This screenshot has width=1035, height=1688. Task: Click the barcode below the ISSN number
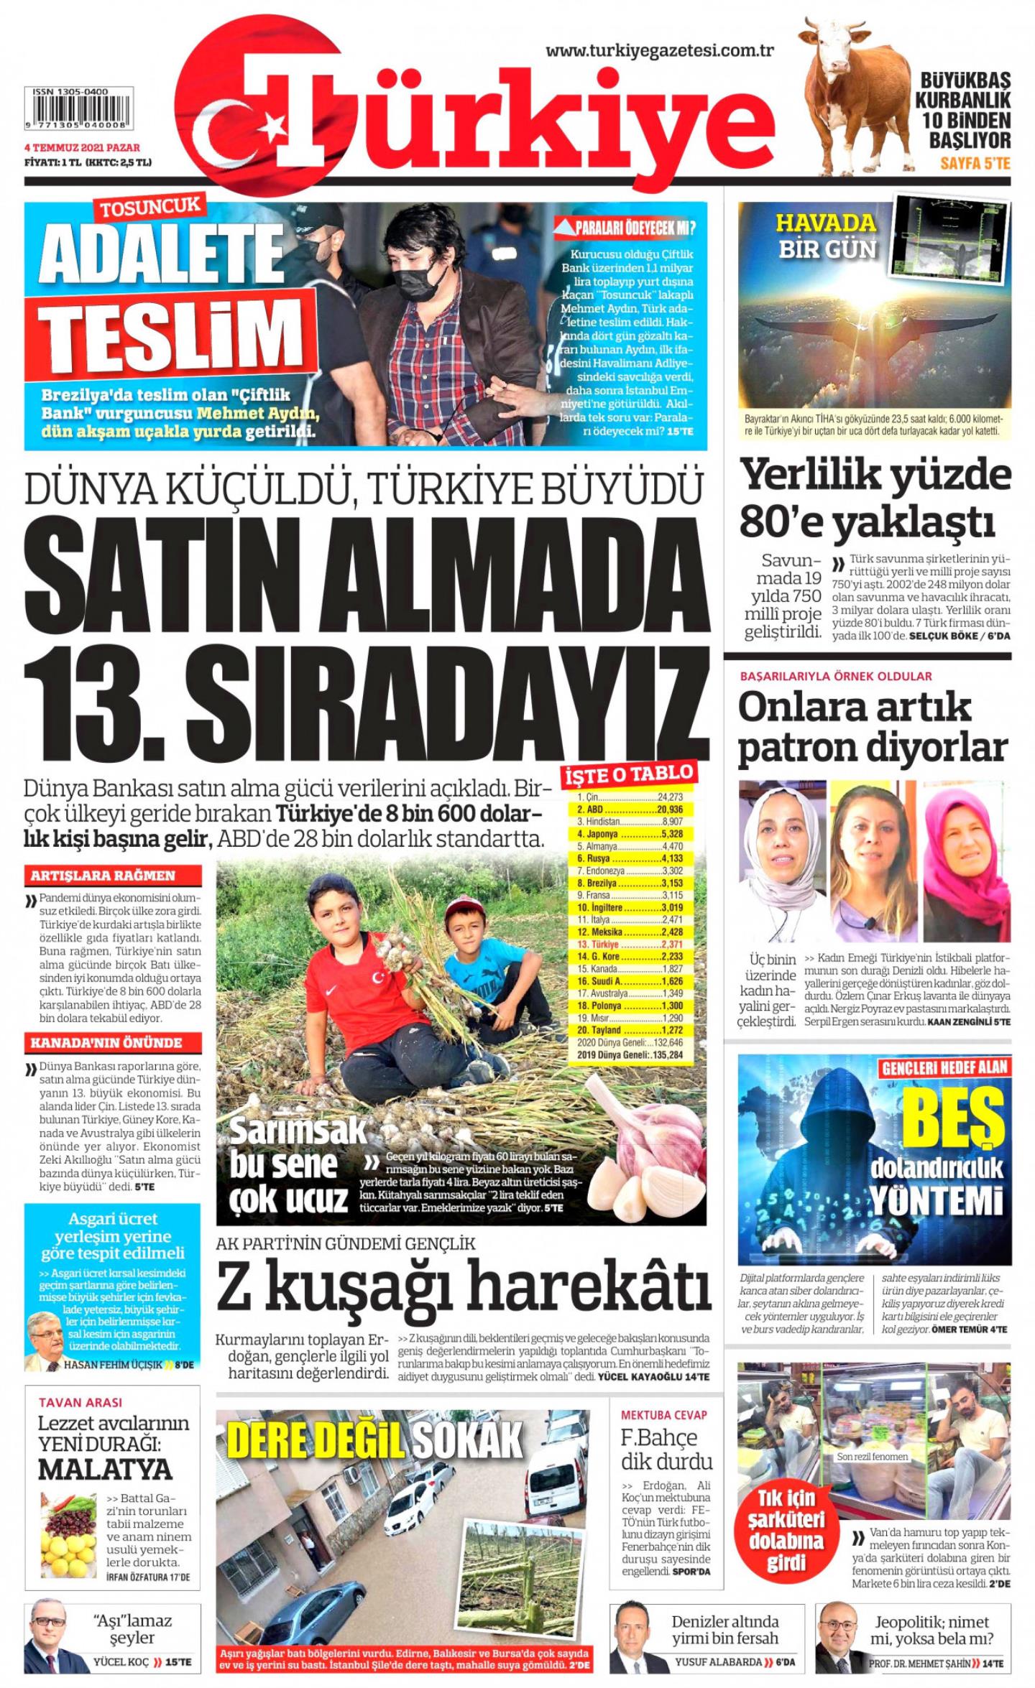78,113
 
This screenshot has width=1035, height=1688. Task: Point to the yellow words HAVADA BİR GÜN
827,234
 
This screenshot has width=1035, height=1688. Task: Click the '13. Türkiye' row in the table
630,945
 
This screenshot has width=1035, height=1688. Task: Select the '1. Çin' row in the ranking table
630,797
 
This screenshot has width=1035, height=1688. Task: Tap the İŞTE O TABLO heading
630,774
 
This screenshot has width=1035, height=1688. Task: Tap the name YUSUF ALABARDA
718,1662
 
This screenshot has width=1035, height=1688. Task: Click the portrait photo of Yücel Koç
52,1645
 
